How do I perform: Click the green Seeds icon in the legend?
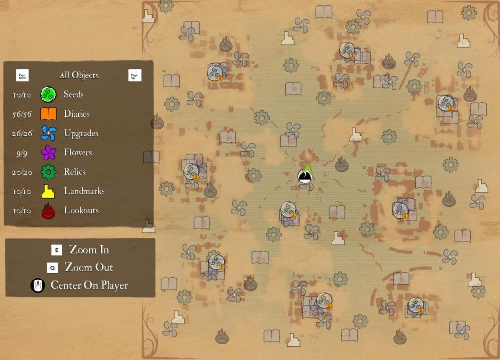point(48,94)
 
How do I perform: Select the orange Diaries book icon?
point(48,114)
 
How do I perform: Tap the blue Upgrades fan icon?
point(48,133)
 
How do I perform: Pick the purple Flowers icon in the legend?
point(48,153)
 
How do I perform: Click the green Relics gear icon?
point(48,172)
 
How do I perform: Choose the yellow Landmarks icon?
point(48,191)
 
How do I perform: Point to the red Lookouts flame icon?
point(48,211)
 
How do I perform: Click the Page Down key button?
point(22,75)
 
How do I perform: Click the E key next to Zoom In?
point(57,250)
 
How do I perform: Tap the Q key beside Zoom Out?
point(52,268)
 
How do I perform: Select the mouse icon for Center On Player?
point(38,285)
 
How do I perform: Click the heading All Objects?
point(79,75)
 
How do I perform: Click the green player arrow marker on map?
point(307,172)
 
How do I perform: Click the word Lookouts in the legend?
point(81,211)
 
